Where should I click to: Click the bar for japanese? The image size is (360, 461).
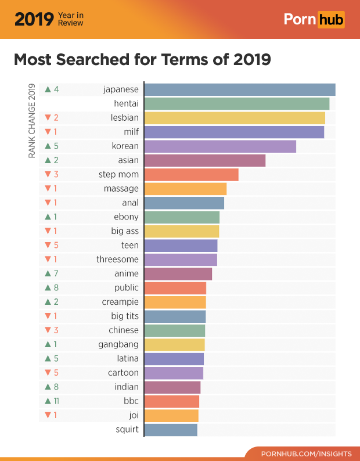pyautogui.click(x=239, y=89)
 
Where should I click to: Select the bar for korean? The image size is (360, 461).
pyautogui.click(x=220, y=146)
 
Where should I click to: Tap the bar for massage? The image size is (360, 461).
pyautogui.click(x=185, y=189)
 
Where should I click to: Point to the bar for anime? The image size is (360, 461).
pyautogui.click(x=178, y=273)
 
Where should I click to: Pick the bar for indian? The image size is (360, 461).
pyautogui.click(x=172, y=387)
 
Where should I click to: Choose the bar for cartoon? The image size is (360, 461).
pyautogui.click(x=174, y=373)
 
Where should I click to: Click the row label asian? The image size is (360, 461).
pyautogui.click(x=128, y=160)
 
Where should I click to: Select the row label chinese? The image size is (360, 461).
pyautogui.click(x=124, y=330)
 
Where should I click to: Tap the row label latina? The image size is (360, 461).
pyautogui.click(x=128, y=358)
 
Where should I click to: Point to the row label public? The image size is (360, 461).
pyautogui.click(x=127, y=287)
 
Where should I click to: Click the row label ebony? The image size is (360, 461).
pyautogui.click(x=126, y=217)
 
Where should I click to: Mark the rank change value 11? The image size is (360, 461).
pyautogui.click(x=56, y=401)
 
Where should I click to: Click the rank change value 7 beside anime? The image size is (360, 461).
pyautogui.click(x=56, y=273)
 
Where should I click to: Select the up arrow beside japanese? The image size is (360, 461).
pyautogui.click(x=48, y=89)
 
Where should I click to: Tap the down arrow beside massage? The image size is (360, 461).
pyautogui.click(x=48, y=189)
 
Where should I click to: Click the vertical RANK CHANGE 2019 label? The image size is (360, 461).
pyautogui.click(x=32, y=121)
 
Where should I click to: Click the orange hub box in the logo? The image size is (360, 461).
pyautogui.click(x=330, y=20)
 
